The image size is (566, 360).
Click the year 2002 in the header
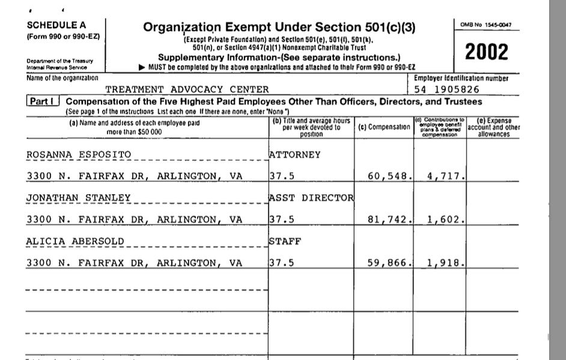tap(487, 53)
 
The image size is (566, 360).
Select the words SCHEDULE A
tap(52, 25)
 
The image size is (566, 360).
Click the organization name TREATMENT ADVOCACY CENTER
tap(178, 90)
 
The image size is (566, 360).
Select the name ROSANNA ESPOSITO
tap(78, 155)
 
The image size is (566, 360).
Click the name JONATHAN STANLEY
tap(78, 198)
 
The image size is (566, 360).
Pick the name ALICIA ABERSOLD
tap(75, 242)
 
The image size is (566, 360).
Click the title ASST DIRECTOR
tap(311, 198)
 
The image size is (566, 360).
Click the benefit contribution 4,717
tap(443, 177)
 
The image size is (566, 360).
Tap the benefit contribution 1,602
tap(443, 220)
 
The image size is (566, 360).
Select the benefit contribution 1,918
tap(443, 263)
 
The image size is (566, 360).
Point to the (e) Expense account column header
tap(493, 127)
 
